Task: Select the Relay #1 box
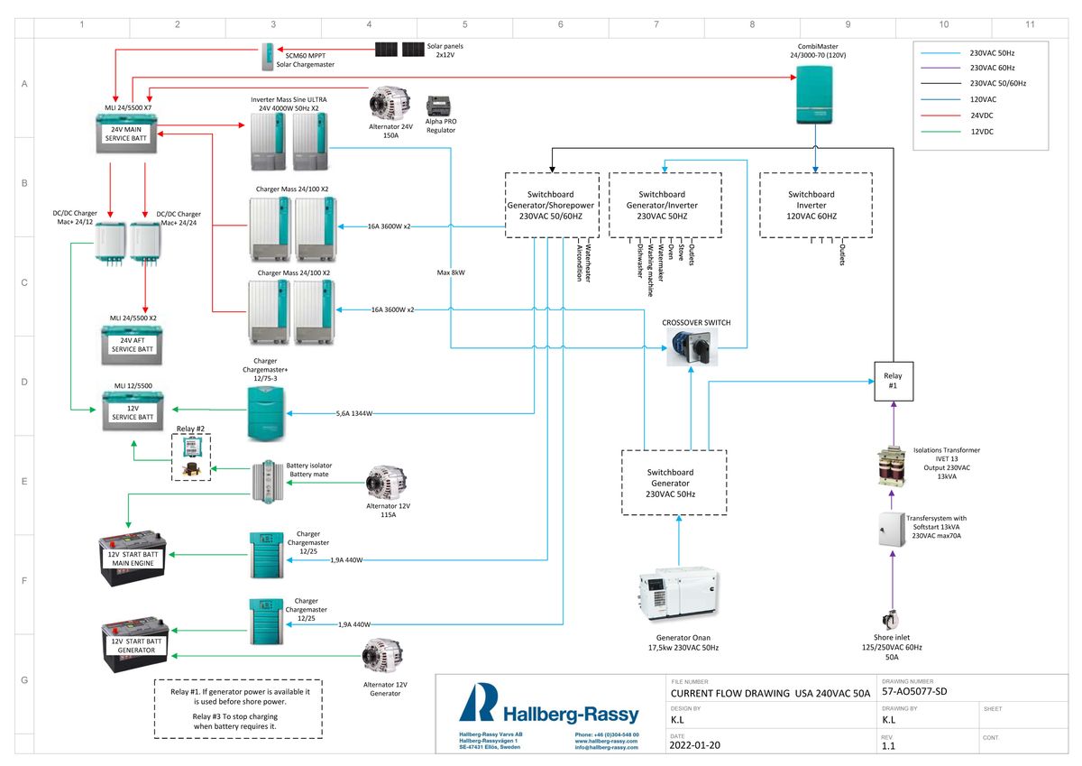point(893,381)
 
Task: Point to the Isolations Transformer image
point(892,466)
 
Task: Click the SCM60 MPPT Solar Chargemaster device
point(269,58)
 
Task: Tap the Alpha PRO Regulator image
point(441,108)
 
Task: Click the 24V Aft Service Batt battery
point(133,344)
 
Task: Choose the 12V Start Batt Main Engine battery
point(133,558)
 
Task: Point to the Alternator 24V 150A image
point(389,103)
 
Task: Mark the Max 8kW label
point(452,272)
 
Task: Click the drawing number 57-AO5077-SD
point(915,692)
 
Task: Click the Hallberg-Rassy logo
point(548,705)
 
